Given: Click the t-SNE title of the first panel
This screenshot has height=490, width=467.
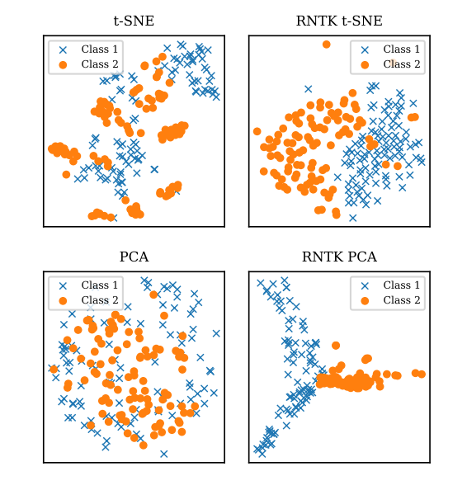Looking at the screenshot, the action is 134,21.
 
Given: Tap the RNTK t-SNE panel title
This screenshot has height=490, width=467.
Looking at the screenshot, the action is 339,21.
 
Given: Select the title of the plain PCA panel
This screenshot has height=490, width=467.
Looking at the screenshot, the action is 134,257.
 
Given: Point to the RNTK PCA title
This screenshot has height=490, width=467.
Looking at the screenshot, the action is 339,257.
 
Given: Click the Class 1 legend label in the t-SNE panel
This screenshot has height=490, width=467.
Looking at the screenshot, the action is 100,49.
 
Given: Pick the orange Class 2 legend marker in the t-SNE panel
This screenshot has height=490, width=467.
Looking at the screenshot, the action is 63,64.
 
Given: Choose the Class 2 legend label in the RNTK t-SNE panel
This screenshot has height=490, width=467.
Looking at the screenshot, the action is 402,64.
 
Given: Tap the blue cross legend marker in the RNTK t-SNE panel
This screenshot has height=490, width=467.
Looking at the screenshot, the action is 365,49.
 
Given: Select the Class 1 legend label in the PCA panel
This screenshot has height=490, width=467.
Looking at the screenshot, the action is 100,285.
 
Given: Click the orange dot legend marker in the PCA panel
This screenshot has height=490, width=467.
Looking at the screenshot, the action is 63,300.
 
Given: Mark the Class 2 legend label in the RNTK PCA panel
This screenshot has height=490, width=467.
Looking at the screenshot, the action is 402,300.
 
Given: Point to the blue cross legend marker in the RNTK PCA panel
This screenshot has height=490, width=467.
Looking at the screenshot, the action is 365,285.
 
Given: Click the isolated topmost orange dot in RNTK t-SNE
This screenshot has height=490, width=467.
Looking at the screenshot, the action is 327,45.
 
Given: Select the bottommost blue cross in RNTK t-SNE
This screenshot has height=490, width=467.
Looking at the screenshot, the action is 353,218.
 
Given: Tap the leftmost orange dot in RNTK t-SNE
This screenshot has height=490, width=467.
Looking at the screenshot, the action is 257,131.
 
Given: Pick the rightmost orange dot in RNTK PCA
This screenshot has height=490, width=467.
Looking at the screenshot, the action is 422,374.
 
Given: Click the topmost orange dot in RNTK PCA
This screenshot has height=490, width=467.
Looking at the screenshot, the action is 336,346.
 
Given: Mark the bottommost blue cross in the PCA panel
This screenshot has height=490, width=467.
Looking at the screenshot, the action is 164,454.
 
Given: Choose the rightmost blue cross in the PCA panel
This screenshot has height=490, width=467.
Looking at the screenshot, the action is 216,333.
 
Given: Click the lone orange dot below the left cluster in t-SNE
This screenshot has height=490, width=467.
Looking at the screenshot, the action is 66,174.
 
